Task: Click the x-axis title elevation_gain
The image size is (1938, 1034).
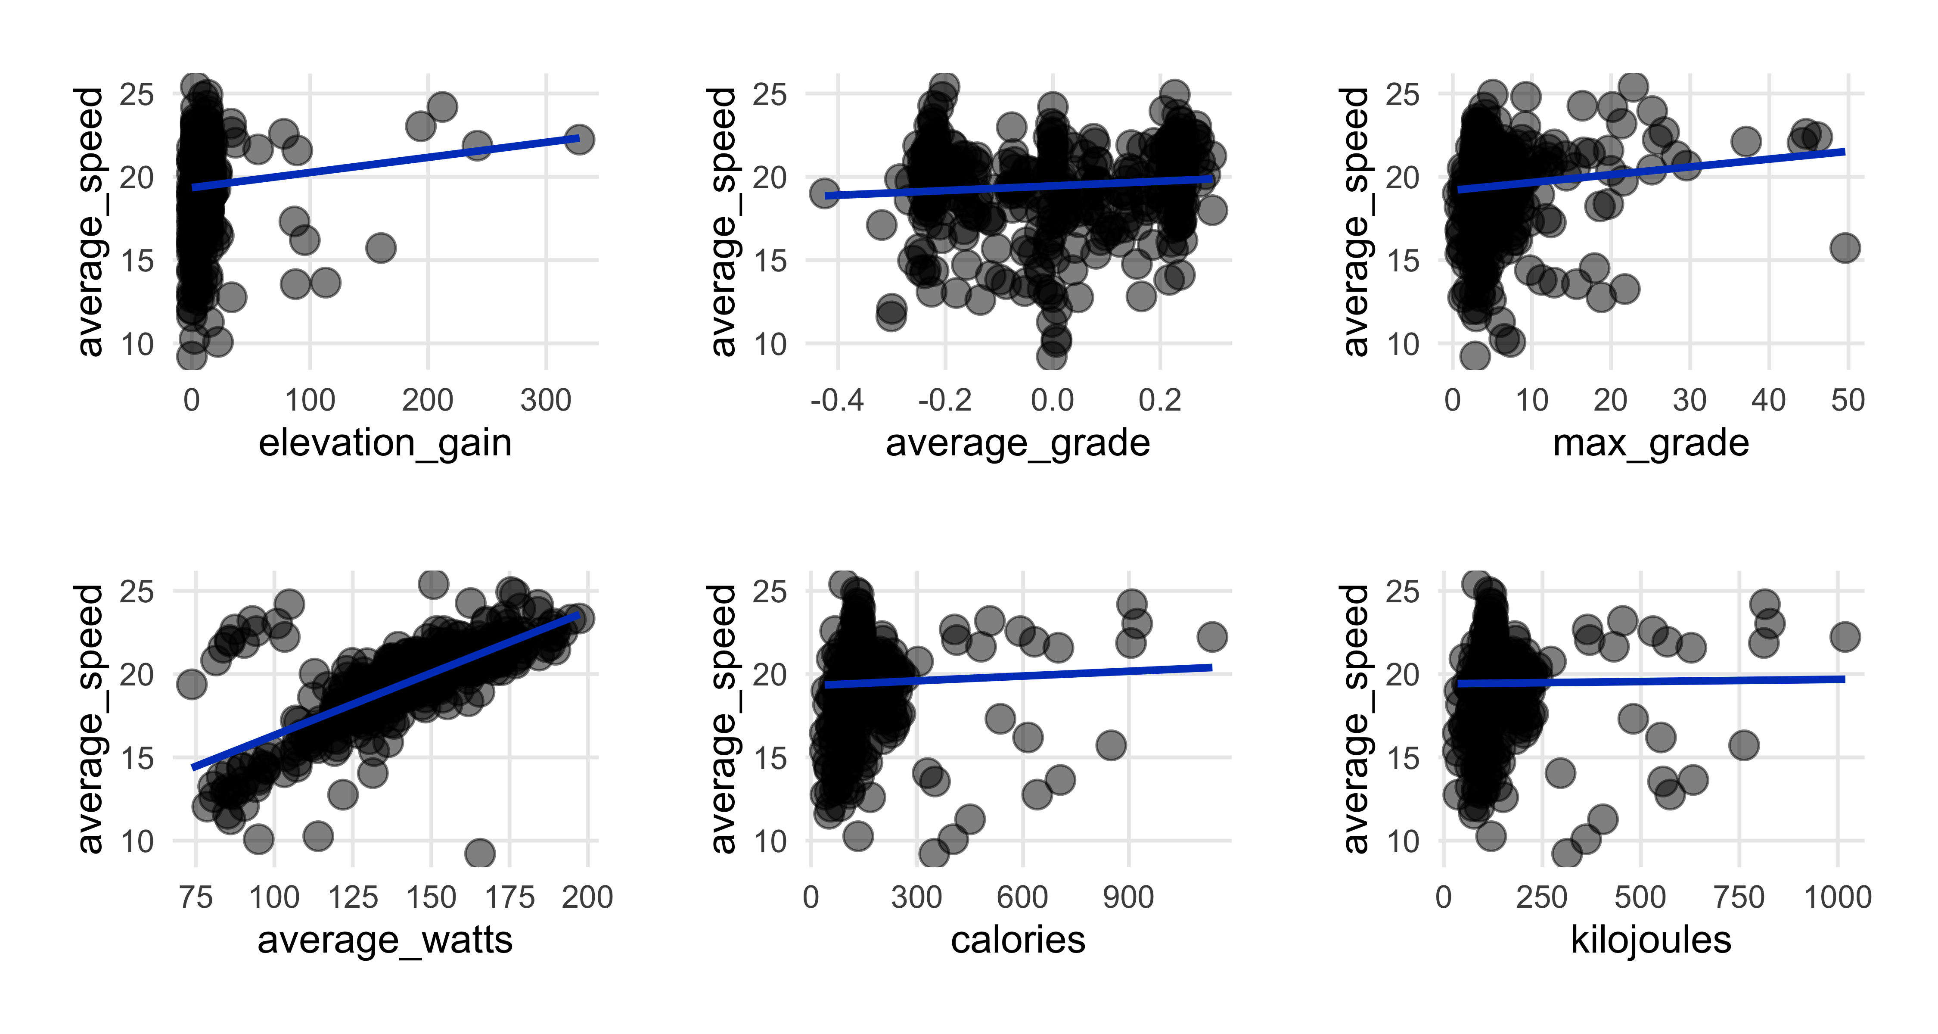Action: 385,443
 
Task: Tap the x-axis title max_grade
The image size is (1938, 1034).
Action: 1651,443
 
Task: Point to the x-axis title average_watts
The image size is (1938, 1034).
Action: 385,941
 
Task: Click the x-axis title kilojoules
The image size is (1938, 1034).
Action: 1651,941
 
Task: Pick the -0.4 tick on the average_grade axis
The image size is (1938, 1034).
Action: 837,400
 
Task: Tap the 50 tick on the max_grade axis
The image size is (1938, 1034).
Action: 1848,400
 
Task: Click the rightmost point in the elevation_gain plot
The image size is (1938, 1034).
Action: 578,139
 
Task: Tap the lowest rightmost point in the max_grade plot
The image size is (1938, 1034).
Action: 1845,248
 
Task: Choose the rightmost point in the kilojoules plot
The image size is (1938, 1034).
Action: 1845,637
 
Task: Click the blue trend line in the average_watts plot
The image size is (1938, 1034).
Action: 385,691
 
